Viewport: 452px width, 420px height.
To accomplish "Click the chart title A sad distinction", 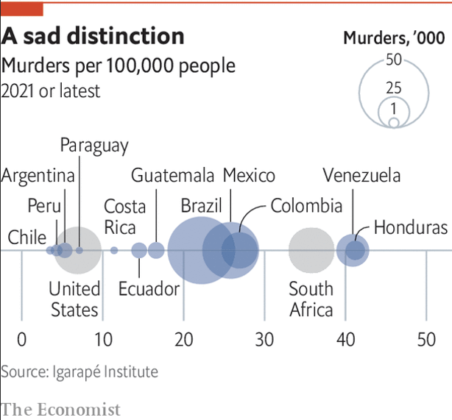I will pyautogui.click(x=93, y=37).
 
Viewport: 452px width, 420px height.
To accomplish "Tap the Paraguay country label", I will pyautogui.click(x=94, y=146).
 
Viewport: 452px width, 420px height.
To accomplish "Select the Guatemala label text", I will pyautogui.click(x=173, y=175).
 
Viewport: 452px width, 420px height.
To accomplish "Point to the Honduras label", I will pyautogui.click(x=410, y=227).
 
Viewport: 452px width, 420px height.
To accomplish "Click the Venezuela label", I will pyautogui.click(x=361, y=175).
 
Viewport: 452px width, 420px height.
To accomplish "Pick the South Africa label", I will pyautogui.click(x=311, y=299).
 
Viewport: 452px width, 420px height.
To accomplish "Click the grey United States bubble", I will pyautogui.click(x=79, y=251).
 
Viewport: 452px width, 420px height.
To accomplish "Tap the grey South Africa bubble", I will pyautogui.click(x=311, y=251).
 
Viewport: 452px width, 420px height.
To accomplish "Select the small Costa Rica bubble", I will pyautogui.click(x=114, y=251).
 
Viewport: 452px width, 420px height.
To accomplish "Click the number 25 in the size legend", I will pyautogui.click(x=394, y=88).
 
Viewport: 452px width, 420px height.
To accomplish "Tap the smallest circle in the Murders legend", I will pyautogui.click(x=394, y=123).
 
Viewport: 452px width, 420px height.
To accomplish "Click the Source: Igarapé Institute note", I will pyautogui.click(x=80, y=371).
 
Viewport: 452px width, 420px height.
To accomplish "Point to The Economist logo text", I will pyautogui.click(x=60, y=408).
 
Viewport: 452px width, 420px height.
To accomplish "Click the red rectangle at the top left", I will pyautogui.click(x=21, y=9).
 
